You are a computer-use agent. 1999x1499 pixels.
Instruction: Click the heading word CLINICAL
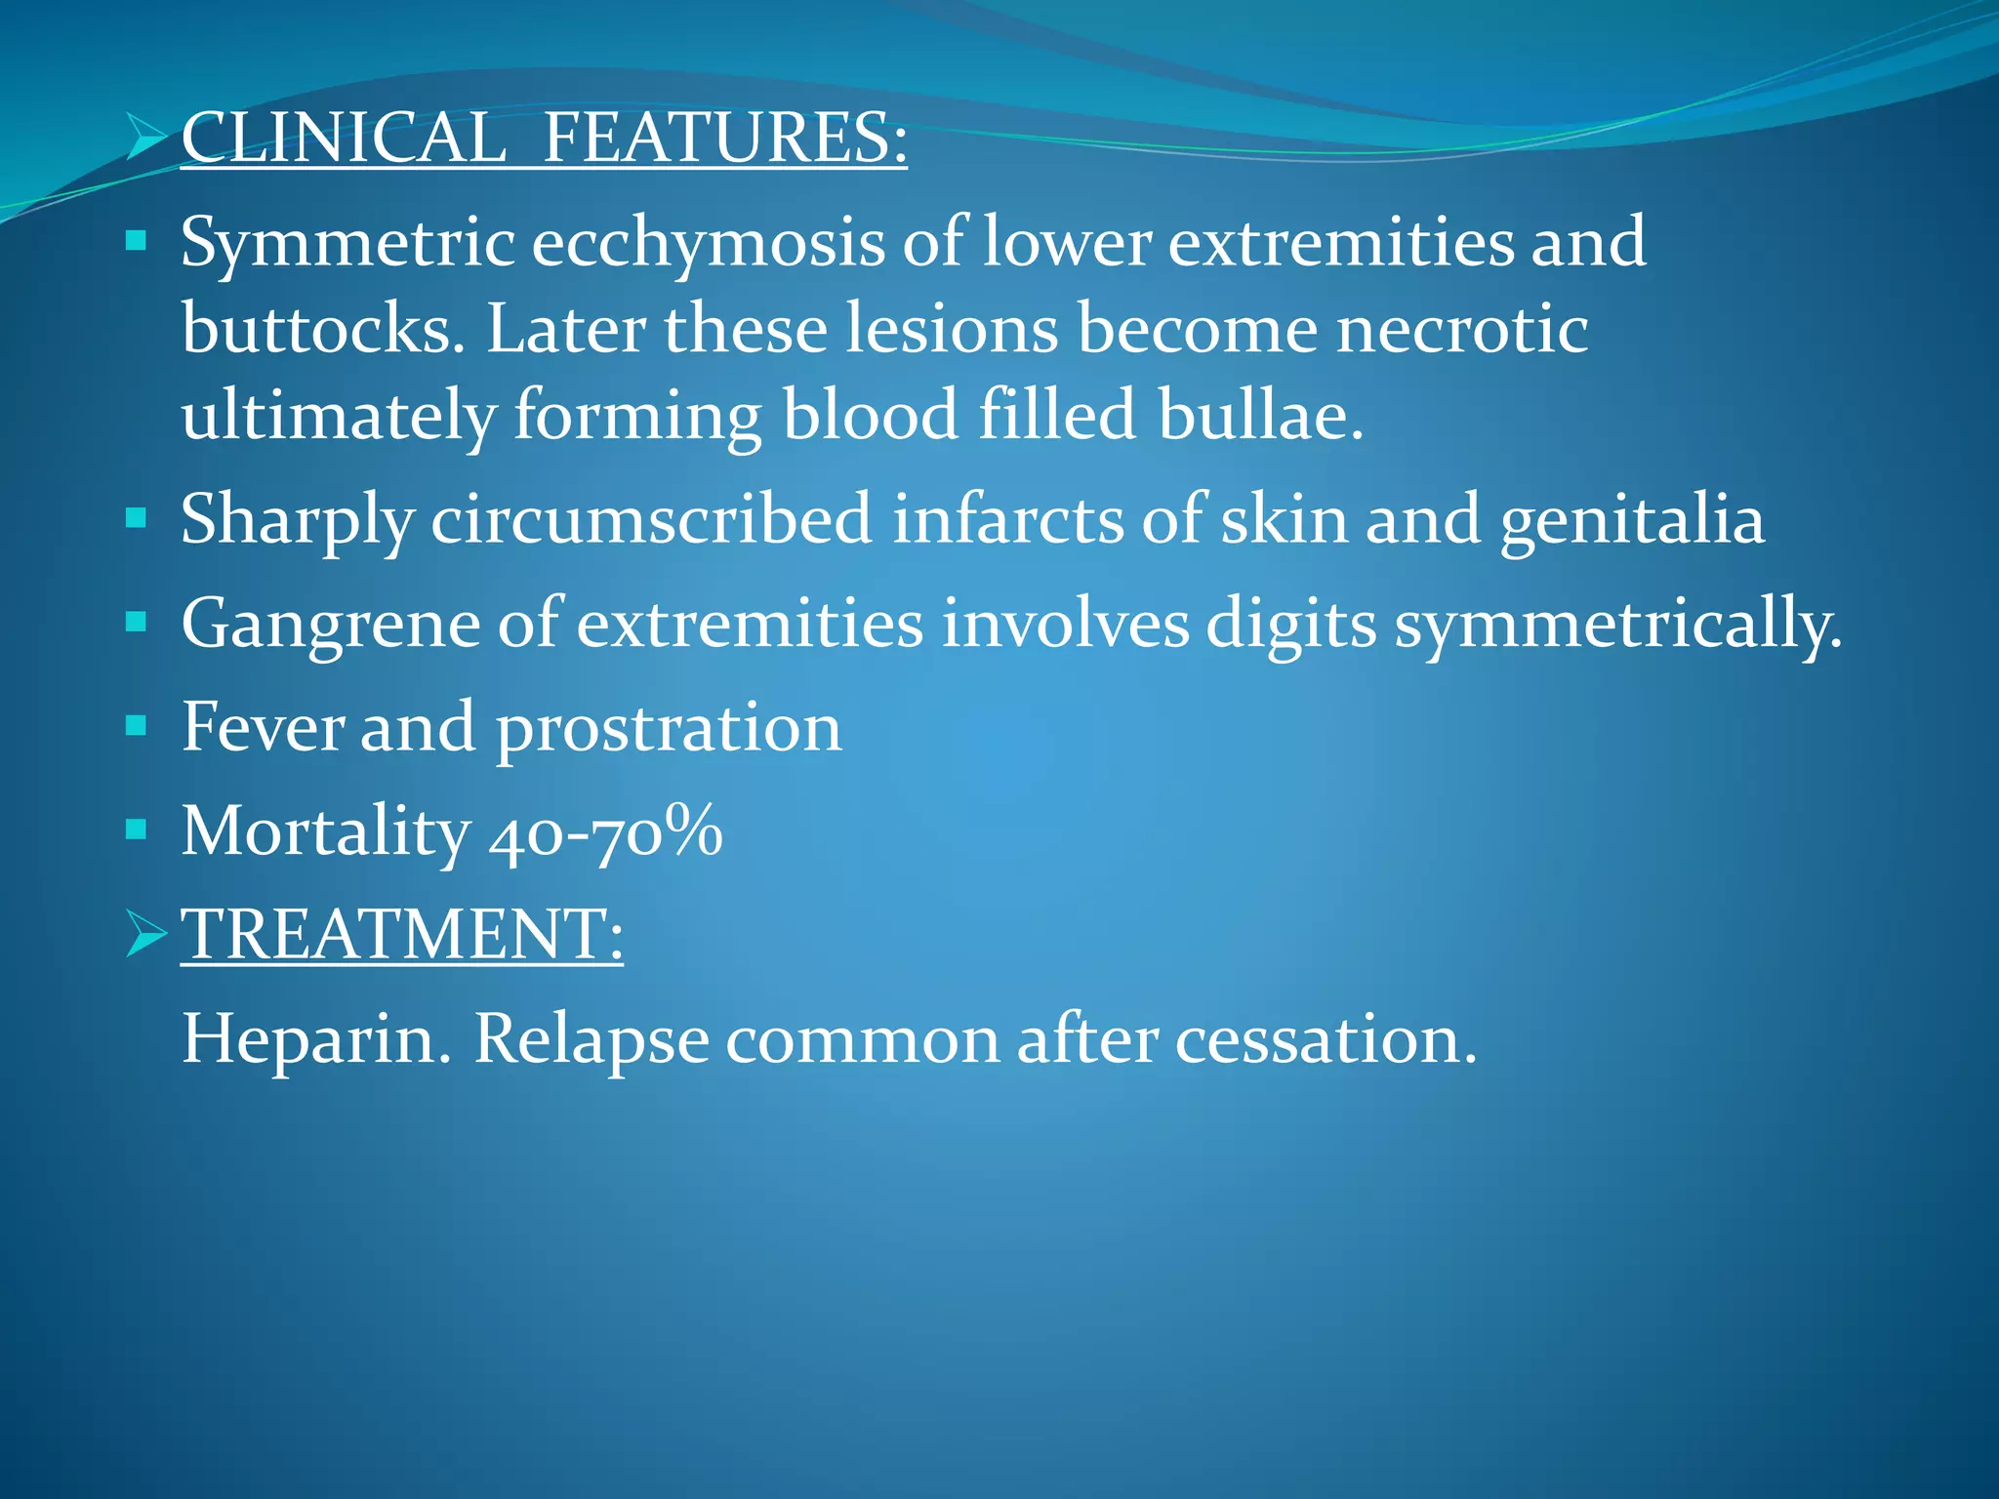click(344, 138)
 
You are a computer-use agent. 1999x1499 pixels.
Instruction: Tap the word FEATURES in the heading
click(723, 138)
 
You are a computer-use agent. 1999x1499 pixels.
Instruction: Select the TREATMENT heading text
click(401, 934)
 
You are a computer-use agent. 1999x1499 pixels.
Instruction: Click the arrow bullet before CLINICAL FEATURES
click(147, 138)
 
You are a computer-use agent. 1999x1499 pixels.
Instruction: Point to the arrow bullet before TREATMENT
click(147, 934)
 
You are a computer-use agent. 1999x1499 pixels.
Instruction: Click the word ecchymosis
click(708, 244)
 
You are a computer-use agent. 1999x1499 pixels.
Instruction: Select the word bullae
click(1260, 416)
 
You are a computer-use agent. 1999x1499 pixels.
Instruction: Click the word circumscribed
click(651, 520)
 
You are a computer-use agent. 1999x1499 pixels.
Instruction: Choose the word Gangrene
click(330, 625)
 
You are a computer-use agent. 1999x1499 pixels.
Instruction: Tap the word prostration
click(669, 729)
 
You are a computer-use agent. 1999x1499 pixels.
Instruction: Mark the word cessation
click(1326, 1040)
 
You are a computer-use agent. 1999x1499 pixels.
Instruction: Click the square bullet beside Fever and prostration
click(137, 725)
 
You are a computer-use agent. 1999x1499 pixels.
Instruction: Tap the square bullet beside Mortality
click(137, 830)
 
